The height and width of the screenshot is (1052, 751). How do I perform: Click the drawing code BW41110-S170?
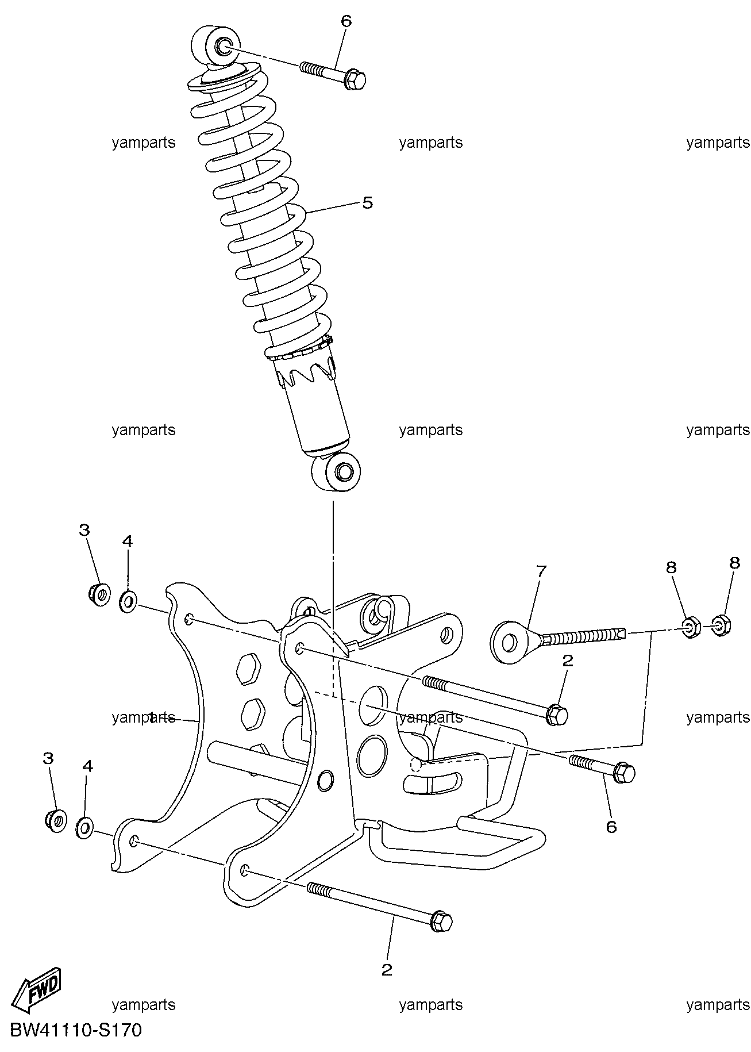tap(75, 1031)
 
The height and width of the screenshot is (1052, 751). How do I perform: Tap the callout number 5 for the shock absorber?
tap(367, 203)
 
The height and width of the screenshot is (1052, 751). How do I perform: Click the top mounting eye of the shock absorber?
tap(215, 47)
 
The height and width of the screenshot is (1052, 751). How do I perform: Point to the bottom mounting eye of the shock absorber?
tap(337, 471)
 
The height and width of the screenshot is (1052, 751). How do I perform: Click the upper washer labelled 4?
tap(128, 601)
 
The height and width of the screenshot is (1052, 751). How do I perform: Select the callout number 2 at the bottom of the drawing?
tap(387, 970)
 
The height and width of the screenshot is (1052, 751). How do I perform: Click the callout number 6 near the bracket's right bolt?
tap(611, 827)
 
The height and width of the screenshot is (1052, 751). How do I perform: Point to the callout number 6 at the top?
tap(346, 21)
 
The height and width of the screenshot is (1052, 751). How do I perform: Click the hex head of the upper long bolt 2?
tap(556, 715)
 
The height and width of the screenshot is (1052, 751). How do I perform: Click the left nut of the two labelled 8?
tap(690, 627)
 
